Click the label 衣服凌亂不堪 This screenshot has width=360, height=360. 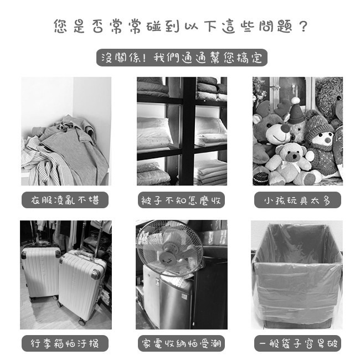pyautogui.click(x=65, y=200)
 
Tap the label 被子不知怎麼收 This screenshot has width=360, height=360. pyautogui.click(x=181, y=200)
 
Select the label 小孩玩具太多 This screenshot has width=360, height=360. pyautogui.click(x=297, y=200)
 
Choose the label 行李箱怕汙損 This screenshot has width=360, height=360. pyautogui.click(x=65, y=343)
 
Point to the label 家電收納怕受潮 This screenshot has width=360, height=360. pyautogui.click(x=182, y=343)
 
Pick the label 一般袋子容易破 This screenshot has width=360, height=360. pyautogui.click(x=297, y=343)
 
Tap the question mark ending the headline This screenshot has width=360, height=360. pyautogui.click(x=302, y=26)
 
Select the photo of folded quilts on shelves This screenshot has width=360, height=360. pyautogui.click(x=182, y=131)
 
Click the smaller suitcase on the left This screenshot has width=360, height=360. pyautogui.click(x=40, y=273)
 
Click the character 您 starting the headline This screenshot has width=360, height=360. pyautogui.click(x=62, y=26)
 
